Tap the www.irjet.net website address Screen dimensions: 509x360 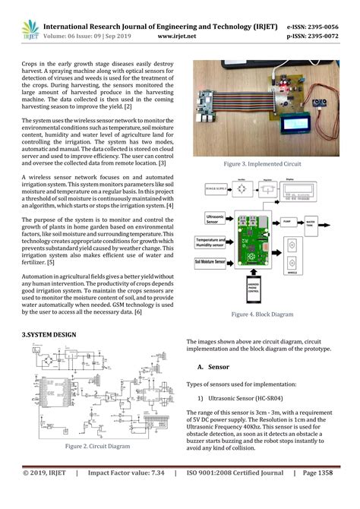[x=177, y=35]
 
